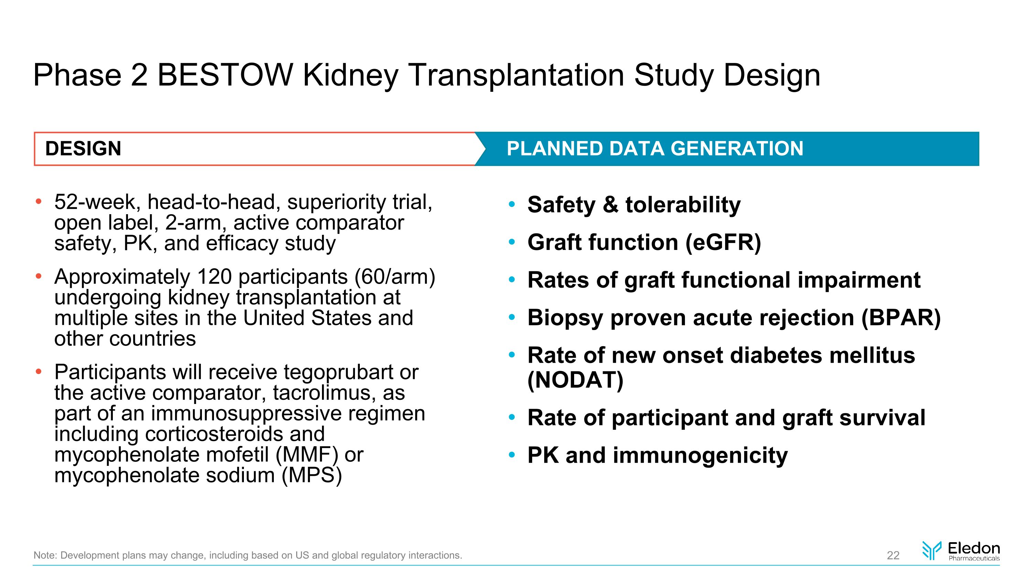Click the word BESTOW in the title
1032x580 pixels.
click(225, 75)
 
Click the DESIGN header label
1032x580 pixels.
click(83, 149)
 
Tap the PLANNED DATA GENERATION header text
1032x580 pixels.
click(655, 149)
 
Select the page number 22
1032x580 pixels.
click(893, 555)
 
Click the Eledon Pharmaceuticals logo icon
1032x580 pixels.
click(932, 550)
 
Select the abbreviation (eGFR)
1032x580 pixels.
click(723, 243)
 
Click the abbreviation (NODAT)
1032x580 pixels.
click(575, 380)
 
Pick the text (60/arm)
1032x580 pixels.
click(395, 277)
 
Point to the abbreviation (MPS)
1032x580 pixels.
click(312, 475)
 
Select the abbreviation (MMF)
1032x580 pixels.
click(307, 455)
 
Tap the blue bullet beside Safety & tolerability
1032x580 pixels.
click(512, 205)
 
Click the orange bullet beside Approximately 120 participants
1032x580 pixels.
click(39, 276)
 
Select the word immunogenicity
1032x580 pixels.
click(700, 456)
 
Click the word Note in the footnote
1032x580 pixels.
click(44, 555)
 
